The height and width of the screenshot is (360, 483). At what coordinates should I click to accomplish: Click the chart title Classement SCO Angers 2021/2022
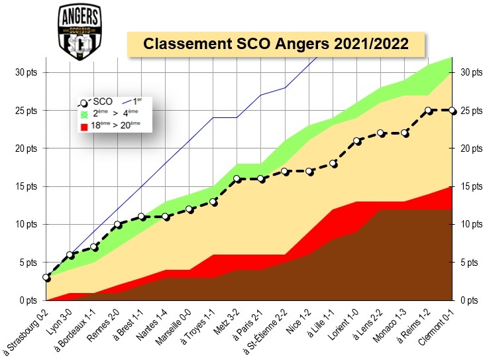pos(276,44)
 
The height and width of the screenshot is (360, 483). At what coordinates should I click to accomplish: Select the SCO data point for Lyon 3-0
pos(70,255)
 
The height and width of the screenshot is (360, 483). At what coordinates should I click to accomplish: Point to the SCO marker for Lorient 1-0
pos(356,141)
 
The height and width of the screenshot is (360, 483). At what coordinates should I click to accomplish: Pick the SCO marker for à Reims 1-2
pos(429,110)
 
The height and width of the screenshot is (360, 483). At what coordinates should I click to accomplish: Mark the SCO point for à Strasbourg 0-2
pos(46,277)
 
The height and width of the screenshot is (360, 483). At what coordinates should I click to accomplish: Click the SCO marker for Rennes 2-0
pos(118,224)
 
